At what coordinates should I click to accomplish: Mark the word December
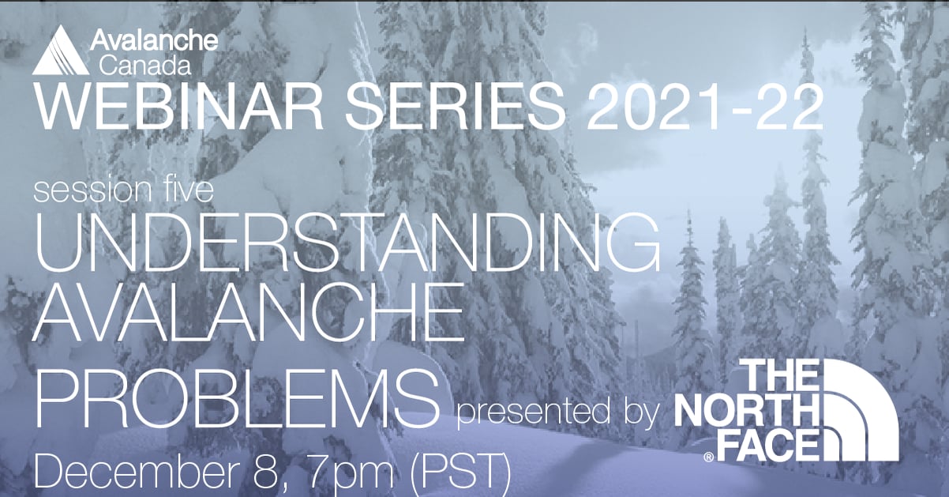point(126,473)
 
